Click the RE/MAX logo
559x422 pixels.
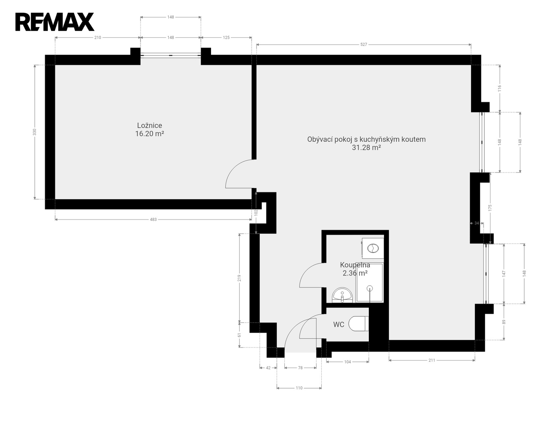(54, 22)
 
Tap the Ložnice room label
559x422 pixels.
(149, 125)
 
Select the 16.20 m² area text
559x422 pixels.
(149, 134)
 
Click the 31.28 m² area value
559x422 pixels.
(366, 147)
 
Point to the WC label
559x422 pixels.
(339, 325)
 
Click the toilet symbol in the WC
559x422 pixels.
(358, 324)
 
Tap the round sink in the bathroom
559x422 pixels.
(342, 295)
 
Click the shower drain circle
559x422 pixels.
(370, 288)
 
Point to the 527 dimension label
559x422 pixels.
(364, 45)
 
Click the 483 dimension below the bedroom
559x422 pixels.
(153, 219)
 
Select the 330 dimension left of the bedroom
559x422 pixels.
(35, 132)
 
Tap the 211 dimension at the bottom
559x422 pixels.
(432, 360)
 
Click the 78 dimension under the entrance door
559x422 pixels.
(300, 368)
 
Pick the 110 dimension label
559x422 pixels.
(299, 388)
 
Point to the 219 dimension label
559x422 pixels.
(239, 278)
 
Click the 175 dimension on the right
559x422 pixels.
(490, 208)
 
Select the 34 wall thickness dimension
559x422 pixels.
(477, 223)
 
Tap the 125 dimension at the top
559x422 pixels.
(226, 37)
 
